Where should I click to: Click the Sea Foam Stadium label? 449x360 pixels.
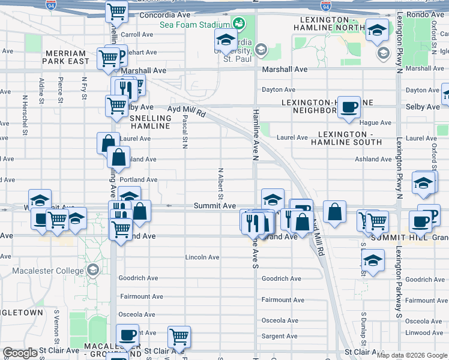pos(195,25)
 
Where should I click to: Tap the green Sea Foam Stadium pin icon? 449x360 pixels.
pos(240,24)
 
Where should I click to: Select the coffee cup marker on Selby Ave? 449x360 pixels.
pos(349,108)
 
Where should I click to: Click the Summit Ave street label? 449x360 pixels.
pos(214,206)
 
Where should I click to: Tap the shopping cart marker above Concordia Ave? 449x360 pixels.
pos(116,11)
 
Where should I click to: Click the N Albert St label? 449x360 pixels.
pos(221,183)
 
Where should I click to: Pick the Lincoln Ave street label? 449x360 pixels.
pos(202,257)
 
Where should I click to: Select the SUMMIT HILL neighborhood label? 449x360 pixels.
pos(393,238)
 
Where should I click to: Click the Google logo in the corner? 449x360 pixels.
pos(20,353)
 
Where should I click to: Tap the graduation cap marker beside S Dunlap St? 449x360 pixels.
pos(373,261)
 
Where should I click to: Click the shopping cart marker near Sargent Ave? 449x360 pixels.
pos(179,336)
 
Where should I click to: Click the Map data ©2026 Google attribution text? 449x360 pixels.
pos(412,355)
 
